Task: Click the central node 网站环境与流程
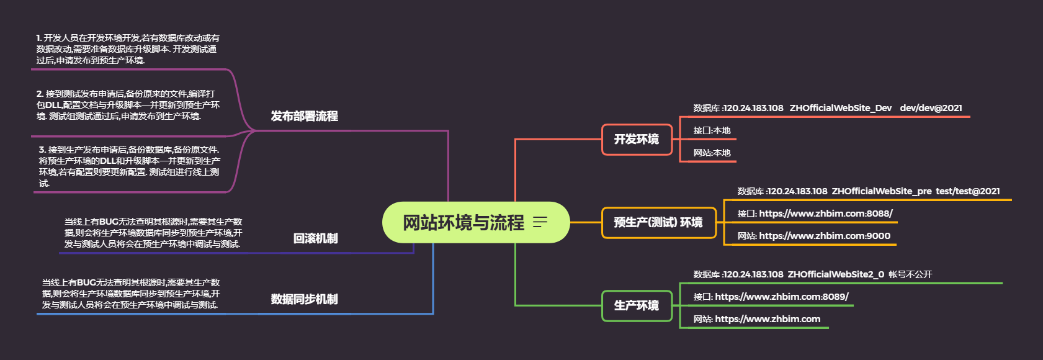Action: tap(463, 222)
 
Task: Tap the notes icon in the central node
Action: tap(540, 222)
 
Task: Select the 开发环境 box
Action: tap(637, 140)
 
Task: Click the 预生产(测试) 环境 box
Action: tap(658, 223)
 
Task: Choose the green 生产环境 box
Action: tap(637, 306)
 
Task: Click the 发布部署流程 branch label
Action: tap(304, 117)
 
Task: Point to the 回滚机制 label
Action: tap(315, 239)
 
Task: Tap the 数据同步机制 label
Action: tap(304, 300)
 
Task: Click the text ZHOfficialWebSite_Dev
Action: tap(840, 108)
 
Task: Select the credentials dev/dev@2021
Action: tap(931, 108)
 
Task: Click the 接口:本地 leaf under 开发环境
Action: tap(712, 131)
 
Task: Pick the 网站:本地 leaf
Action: tap(712, 153)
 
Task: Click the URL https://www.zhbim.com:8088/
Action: tap(825, 214)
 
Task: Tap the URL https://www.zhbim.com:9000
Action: tap(824, 236)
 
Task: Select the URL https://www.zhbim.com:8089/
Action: tap(781, 297)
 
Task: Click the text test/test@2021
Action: tap(967, 191)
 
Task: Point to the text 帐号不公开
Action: tap(910, 274)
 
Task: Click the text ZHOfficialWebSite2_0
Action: tap(836, 274)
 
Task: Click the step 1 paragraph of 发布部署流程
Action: tap(128, 50)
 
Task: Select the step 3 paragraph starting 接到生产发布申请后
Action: tap(129, 166)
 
